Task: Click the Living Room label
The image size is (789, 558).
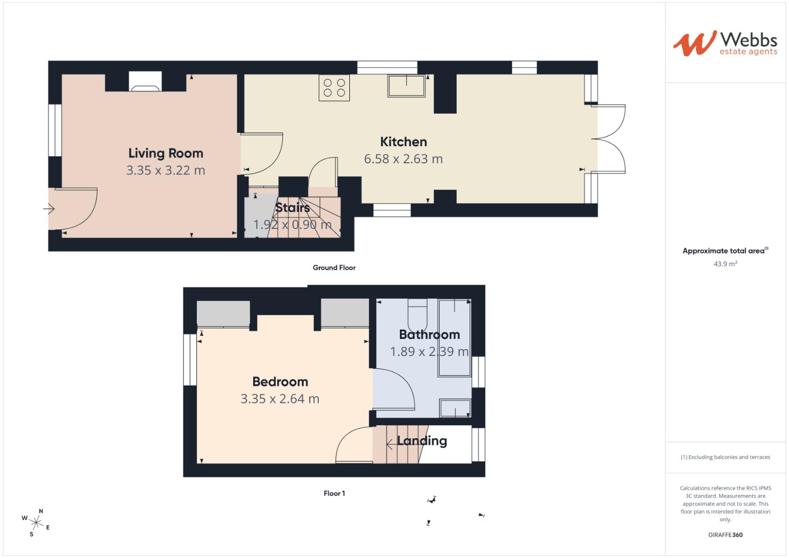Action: (x=165, y=153)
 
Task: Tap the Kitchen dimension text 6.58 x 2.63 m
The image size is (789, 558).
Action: (x=403, y=159)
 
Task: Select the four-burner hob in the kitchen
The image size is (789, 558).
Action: (x=334, y=87)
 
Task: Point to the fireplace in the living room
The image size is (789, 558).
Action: (x=145, y=82)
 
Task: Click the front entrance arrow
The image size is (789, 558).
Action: (x=49, y=209)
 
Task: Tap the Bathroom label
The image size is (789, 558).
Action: (x=429, y=334)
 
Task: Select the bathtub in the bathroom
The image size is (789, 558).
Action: (x=455, y=338)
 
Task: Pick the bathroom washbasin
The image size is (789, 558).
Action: (x=455, y=408)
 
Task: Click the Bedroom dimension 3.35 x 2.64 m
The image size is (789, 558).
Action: (x=280, y=399)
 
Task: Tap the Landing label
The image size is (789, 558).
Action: (x=422, y=441)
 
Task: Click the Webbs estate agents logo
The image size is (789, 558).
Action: (x=724, y=43)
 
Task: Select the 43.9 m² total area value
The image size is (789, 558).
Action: (x=725, y=263)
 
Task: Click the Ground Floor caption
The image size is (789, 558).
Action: (x=334, y=268)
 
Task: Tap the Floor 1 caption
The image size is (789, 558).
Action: (x=334, y=493)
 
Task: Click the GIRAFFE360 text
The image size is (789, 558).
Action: (x=725, y=535)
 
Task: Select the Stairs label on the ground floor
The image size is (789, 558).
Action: (x=292, y=208)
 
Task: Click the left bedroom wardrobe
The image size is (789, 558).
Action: (x=223, y=313)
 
